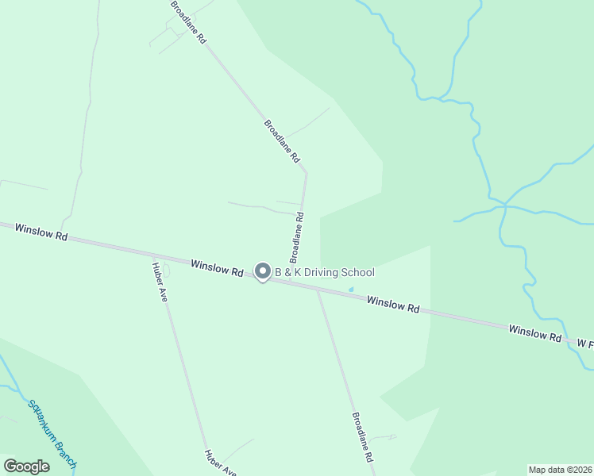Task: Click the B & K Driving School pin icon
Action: point(263,271)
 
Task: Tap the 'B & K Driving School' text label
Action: point(324,273)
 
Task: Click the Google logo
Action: point(26,466)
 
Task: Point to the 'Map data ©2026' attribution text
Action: point(559,470)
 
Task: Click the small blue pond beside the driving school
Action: point(351,289)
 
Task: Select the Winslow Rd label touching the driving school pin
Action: point(217,267)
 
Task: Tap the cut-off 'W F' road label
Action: point(585,344)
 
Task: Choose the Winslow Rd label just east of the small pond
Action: point(392,303)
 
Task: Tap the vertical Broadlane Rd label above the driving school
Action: point(296,237)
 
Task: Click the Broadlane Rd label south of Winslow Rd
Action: point(363,438)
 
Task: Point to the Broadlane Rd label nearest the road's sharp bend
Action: point(282,141)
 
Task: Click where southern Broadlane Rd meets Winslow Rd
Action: point(318,290)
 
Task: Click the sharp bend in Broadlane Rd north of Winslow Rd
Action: point(307,173)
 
